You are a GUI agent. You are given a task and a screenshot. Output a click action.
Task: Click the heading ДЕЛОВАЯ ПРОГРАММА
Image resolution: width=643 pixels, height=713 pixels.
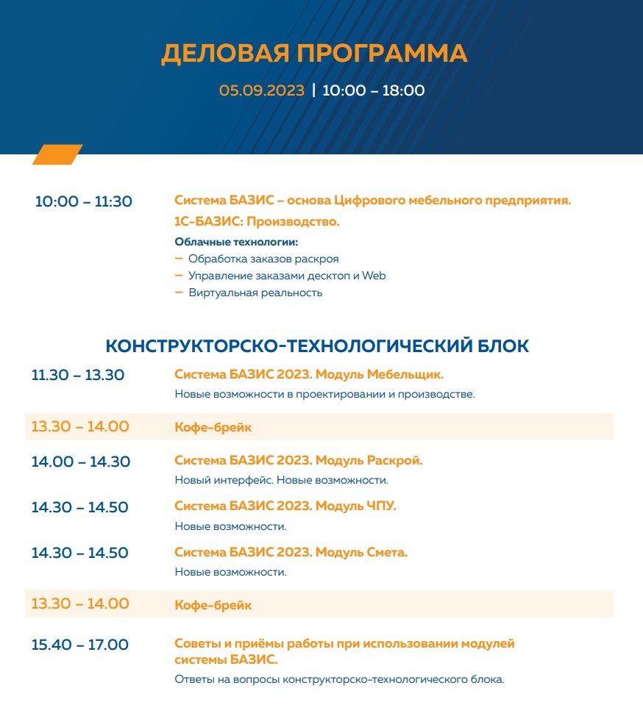314,54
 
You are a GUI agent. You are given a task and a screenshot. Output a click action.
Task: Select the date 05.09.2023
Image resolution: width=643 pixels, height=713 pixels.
261,91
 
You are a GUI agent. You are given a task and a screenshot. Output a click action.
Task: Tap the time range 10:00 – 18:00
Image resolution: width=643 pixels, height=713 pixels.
373,91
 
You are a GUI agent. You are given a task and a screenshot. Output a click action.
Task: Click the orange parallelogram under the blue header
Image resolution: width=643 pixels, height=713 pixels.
57,154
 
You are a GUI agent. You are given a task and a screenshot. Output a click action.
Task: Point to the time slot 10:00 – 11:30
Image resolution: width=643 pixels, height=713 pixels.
84,201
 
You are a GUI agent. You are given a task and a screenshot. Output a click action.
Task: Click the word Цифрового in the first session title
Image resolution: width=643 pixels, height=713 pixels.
366,200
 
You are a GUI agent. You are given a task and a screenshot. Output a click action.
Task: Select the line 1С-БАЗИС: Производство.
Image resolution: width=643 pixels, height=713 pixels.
257,221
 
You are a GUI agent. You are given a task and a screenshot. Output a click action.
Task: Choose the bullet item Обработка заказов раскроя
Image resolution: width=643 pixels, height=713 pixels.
263,259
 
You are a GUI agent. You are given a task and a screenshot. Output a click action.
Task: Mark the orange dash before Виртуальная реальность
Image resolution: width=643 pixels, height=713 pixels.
179,292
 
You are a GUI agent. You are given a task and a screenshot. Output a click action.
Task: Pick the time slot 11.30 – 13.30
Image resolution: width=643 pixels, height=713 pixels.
78,375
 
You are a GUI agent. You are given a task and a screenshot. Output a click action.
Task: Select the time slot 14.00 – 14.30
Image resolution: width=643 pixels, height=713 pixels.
81,462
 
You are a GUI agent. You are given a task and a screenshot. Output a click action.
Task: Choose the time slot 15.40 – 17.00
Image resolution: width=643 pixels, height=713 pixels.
80,645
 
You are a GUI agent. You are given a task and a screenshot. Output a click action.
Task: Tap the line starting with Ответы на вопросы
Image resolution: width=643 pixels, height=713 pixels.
339,679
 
